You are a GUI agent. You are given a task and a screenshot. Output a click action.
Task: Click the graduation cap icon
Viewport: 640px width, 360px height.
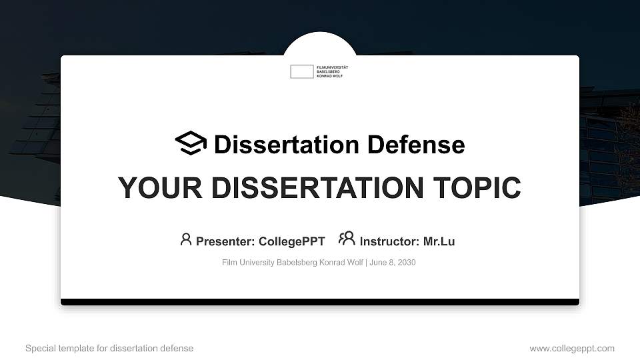pos(191,143)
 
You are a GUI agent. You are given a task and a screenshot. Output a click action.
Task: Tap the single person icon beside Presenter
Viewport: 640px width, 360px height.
pos(186,239)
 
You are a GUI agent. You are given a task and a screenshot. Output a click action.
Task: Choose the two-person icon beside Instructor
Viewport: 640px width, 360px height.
pos(347,239)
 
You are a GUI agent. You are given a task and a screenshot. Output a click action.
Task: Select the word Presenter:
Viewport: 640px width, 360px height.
pos(225,241)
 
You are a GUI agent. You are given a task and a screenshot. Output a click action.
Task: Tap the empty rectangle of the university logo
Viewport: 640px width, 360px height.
pos(301,71)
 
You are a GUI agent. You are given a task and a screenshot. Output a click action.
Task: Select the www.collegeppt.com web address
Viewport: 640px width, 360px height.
pos(572,348)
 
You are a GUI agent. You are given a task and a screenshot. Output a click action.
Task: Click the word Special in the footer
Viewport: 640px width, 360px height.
pos(39,348)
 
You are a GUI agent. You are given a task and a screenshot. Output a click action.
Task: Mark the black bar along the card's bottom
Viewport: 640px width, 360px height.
pos(320,302)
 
